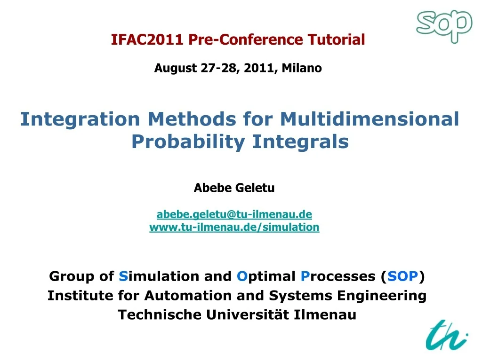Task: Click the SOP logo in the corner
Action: click(444, 26)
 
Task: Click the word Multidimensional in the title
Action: click(370, 119)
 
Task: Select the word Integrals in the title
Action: click(300, 141)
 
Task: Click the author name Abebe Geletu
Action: click(234, 188)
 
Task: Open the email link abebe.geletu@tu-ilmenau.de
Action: click(234, 214)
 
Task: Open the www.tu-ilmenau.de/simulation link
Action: click(234, 227)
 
